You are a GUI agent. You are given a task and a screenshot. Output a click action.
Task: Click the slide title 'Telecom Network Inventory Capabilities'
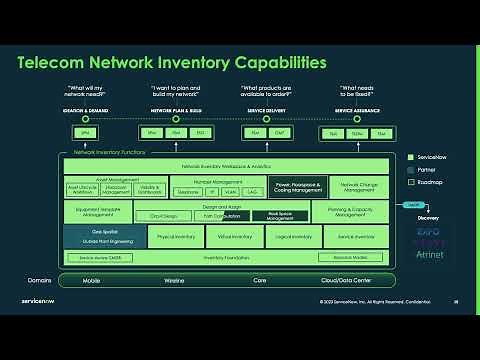click(x=172, y=63)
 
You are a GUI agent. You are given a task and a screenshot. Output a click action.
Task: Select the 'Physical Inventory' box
click(x=176, y=236)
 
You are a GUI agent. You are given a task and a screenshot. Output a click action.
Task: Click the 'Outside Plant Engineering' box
click(x=104, y=241)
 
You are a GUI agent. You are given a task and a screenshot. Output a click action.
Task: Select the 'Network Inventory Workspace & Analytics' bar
click(x=226, y=164)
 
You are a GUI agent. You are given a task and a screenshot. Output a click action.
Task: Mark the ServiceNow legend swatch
click(x=411, y=157)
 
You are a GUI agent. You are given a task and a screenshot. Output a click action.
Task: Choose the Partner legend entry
click(x=424, y=171)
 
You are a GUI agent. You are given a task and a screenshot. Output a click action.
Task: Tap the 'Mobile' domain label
click(x=91, y=281)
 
